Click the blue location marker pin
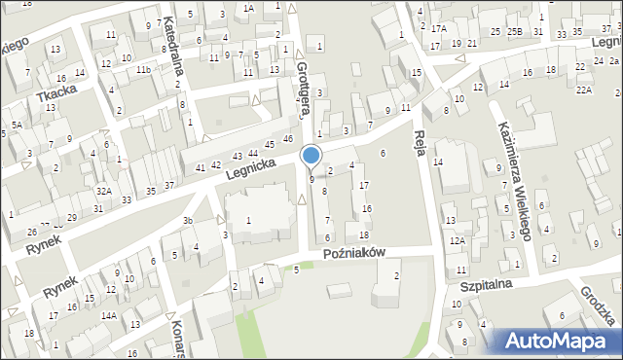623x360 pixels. [x=311, y=157]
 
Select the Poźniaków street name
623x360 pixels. [x=355, y=251]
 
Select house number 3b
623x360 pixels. [x=188, y=222]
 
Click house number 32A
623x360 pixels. [x=103, y=191]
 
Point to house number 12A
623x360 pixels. [x=457, y=240]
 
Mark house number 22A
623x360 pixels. [x=583, y=90]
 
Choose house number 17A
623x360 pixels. [x=439, y=29]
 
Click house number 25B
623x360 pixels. [x=513, y=32]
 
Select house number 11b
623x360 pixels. [x=143, y=70]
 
